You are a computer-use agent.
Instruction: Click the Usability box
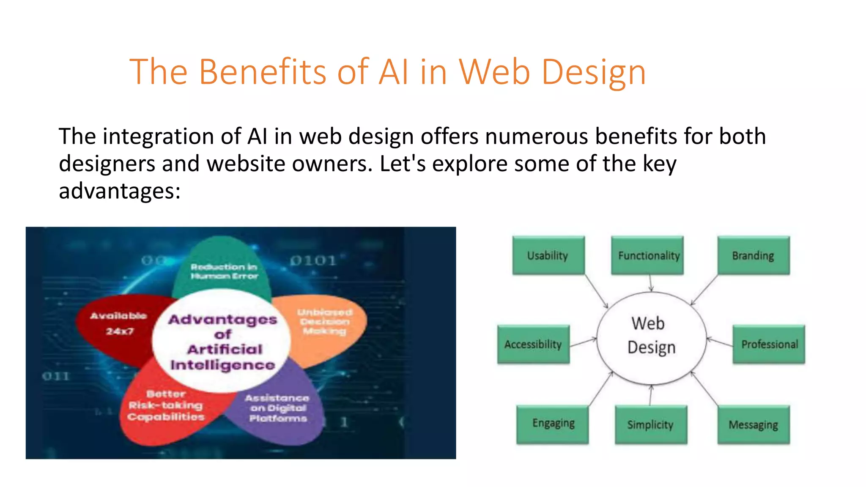[x=548, y=255]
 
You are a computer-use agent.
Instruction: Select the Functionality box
[x=647, y=255]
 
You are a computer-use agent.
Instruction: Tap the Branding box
[x=753, y=255]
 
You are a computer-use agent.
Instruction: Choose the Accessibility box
[x=533, y=344]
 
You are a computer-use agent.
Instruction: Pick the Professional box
[x=769, y=344]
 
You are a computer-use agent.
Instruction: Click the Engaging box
[x=553, y=424]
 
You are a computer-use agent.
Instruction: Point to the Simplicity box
[x=651, y=424]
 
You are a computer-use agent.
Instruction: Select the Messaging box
[x=753, y=424]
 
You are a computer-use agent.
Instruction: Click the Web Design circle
[x=651, y=338]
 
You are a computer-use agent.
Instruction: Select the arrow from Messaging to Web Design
[x=704, y=389]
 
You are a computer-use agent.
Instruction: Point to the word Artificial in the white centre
[x=225, y=350]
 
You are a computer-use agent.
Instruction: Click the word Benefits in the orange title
[x=262, y=72]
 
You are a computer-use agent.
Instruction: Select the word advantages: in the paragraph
[x=120, y=191]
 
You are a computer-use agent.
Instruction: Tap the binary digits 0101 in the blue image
[x=313, y=260]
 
